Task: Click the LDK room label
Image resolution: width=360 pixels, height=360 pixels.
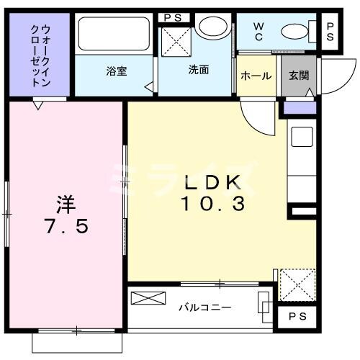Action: point(212,183)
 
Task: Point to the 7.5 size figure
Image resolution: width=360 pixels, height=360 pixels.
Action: point(67,227)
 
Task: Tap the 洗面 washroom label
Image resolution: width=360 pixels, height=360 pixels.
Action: point(199,71)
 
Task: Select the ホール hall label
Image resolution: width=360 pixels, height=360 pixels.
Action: point(256,76)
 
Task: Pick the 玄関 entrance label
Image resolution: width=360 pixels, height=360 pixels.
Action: point(298,76)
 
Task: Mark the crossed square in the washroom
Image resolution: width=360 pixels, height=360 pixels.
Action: point(175,41)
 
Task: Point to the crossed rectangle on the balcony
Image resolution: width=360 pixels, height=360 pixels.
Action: point(147,299)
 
